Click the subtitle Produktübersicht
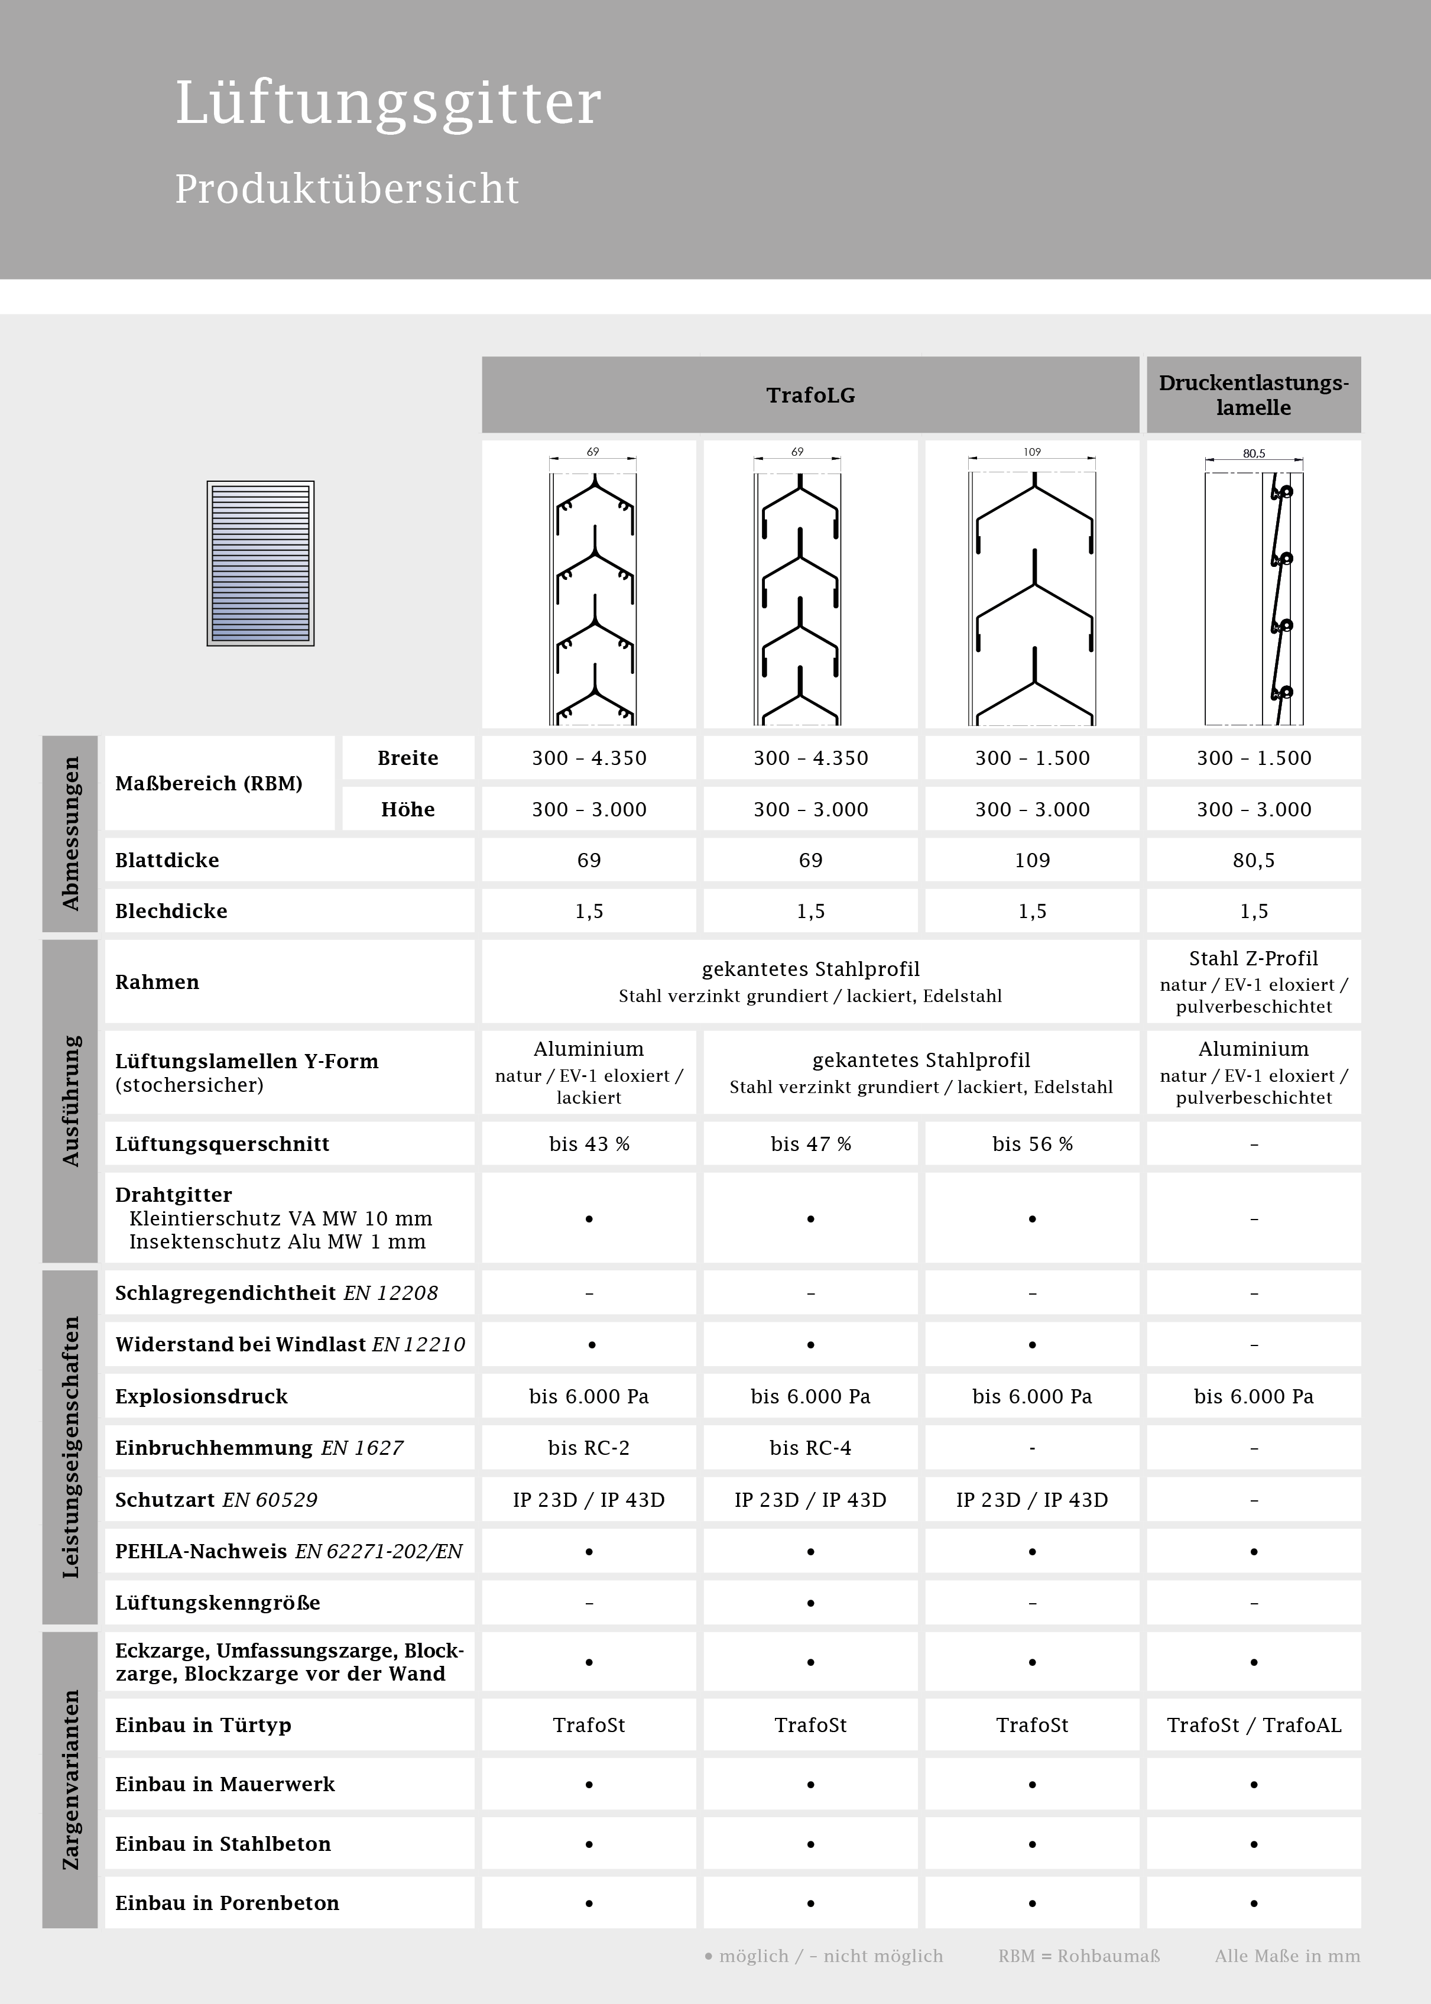coord(346,189)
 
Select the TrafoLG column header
coord(810,395)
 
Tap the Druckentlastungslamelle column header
coord(1253,395)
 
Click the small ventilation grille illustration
coord(260,563)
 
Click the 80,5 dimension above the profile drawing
coord(1253,453)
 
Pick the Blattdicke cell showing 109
coord(1032,860)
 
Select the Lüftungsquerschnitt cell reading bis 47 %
coord(810,1144)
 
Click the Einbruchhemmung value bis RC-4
coord(810,1448)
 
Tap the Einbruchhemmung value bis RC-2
coord(589,1448)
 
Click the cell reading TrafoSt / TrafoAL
coord(1253,1724)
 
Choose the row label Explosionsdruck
coord(201,1396)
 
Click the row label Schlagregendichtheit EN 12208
coord(276,1293)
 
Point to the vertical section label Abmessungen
coord(70,833)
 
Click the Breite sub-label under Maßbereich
coord(407,758)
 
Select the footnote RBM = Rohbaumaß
coord(1079,1956)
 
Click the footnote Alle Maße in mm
coord(1287,1956)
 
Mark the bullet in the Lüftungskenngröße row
coord(810,1602)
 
